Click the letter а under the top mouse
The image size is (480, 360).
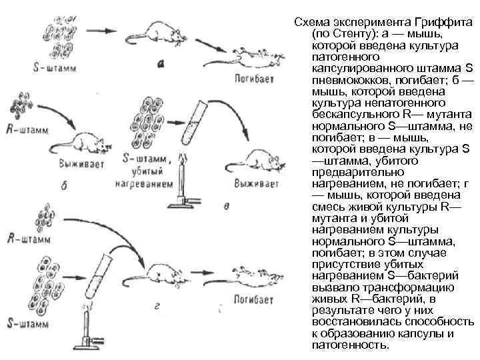[x=161, y=65]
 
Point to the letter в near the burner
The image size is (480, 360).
[x=227, y=206]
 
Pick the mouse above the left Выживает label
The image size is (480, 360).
[x=87, y=142]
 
